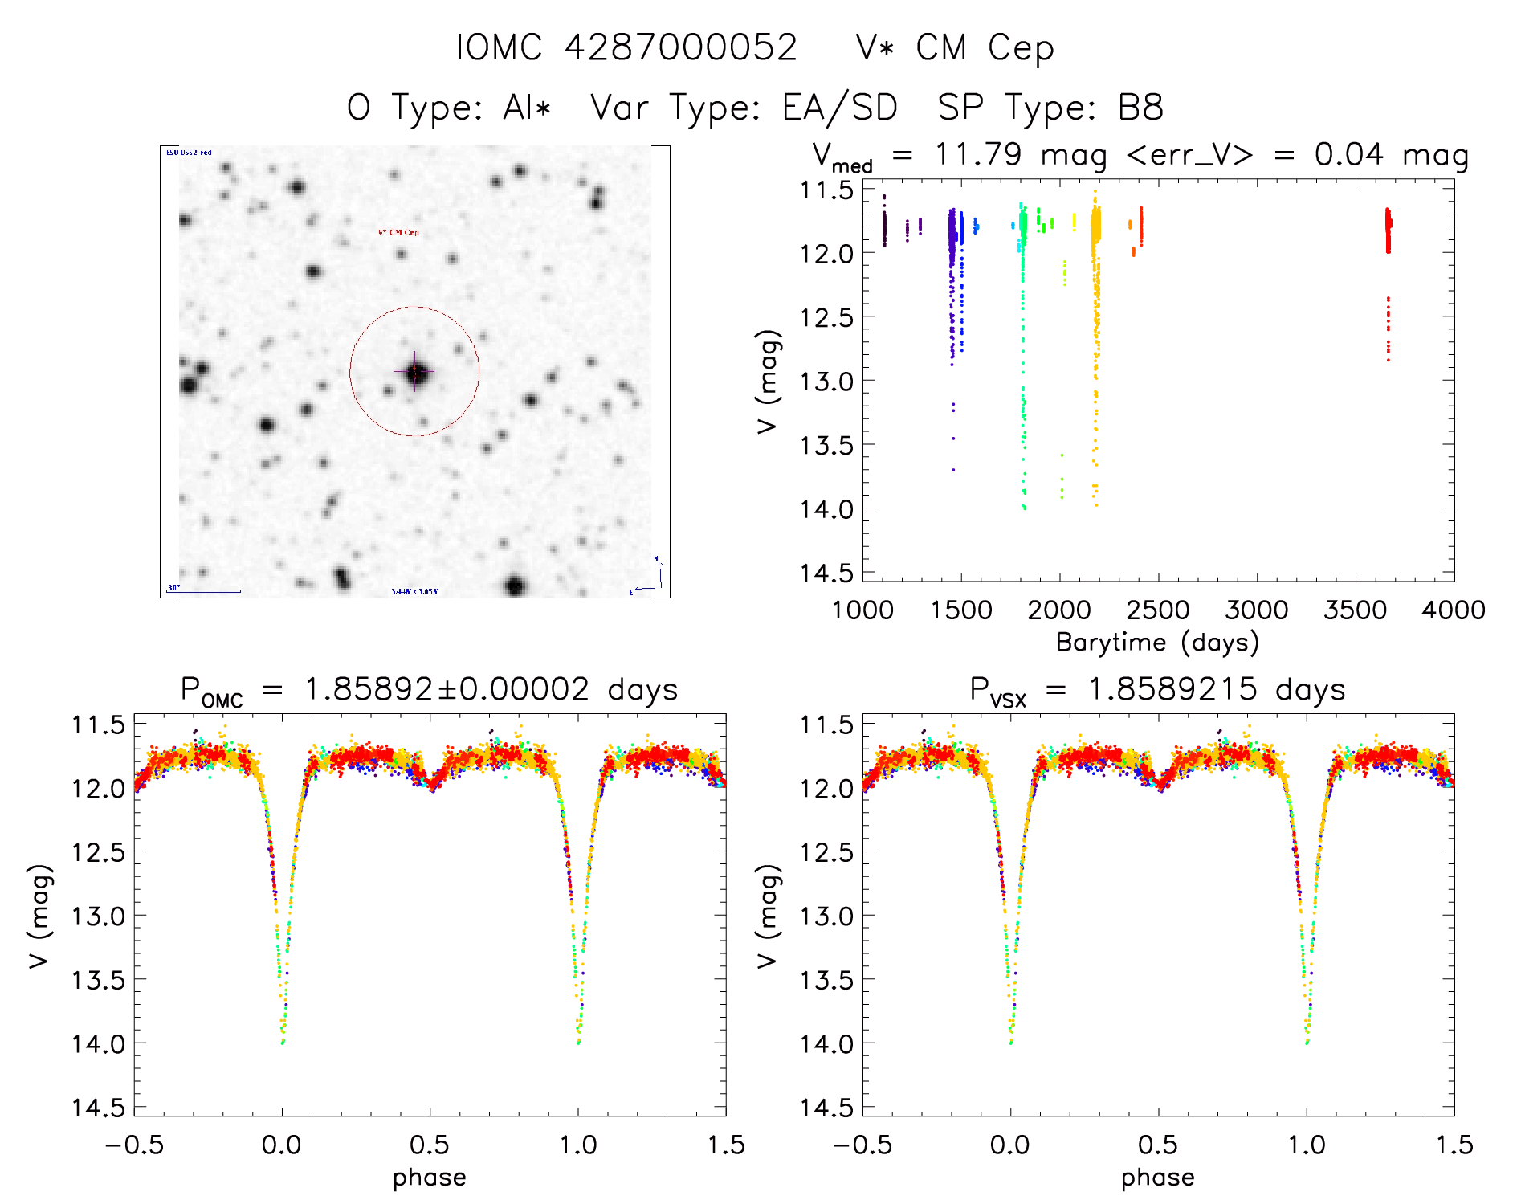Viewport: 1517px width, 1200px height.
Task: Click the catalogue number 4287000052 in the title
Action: (680, 47)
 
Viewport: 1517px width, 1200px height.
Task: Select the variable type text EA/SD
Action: (839, 108)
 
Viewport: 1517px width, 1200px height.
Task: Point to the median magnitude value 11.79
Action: (978, 154)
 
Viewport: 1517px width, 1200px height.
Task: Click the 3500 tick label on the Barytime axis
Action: (1355, 610)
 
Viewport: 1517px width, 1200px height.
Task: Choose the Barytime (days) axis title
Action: (1157, 643)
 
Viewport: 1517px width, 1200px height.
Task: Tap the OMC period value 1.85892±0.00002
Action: (447, 690)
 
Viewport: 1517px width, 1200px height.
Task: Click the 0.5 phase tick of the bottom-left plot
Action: (430, 1145)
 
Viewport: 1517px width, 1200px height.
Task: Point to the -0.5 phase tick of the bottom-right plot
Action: (862, 1145)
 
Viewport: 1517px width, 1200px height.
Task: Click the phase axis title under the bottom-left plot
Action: (430, 1178)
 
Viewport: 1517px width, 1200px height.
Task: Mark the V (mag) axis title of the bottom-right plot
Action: (768, 916)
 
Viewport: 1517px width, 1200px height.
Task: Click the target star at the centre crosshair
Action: (415, 372)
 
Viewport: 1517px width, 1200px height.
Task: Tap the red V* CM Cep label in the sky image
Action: (399, 233)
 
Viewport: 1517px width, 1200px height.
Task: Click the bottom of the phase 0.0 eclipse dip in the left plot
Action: (282, 1041)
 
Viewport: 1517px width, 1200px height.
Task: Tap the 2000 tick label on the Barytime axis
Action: (1059, 610)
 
